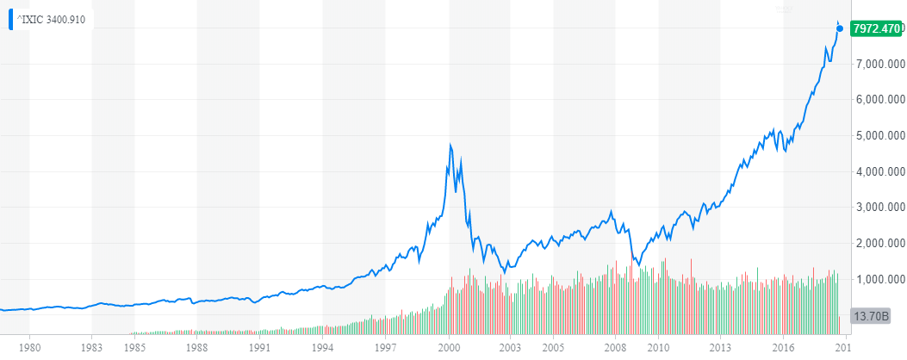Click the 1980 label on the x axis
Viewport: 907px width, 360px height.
coord(30,348)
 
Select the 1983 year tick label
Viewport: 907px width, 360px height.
coord(93,348)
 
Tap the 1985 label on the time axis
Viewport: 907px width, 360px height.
coord(134,348)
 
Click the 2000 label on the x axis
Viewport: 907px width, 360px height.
coord(448,348)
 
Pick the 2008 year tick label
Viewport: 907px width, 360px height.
coord(615,348)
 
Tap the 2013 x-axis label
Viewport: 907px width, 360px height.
coord(720,348)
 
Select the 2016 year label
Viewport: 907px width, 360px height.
coord(783,348)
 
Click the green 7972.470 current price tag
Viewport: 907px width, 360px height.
coord(875,29)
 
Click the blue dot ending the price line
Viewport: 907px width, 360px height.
coord(840,29)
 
